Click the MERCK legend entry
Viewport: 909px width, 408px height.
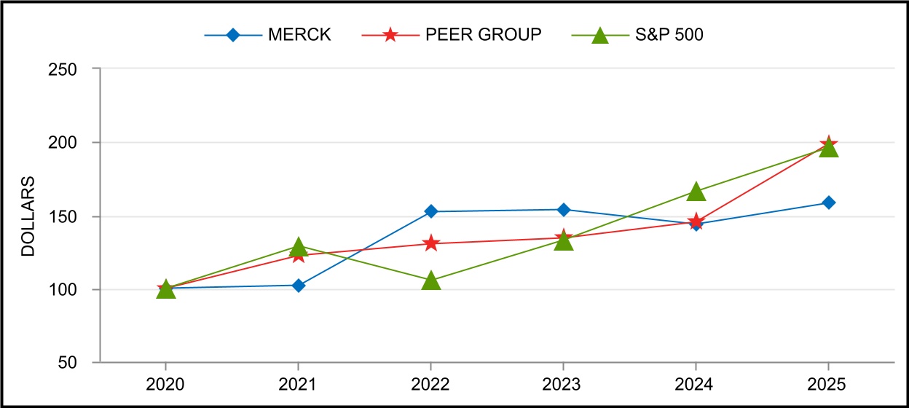pyautogui.click(x=268, y=35)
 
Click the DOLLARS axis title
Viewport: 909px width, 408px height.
pyautogui.click(x=28, y=216)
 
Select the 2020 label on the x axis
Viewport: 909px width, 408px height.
pyautogui.click(x=165, y=383)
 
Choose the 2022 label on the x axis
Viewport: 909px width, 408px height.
pyautogui.click(x=430, y=383)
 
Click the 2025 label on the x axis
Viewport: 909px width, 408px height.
pyautogui.click(x=828, y=383)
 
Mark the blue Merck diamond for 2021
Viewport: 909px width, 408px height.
pyautogui.click(x=298, y=286)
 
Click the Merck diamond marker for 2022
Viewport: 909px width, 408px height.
pyautogui.click(x=431, y=211)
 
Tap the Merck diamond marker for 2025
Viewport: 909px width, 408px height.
pyautogui.click(x=828, y=203)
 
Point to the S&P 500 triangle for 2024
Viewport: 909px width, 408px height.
pyautogui.click(x=696, y=192)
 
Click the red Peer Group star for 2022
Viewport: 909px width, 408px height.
pyautogui.click(x=431, y=243)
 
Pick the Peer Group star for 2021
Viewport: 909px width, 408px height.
pyautogui.click(x=298, y=256)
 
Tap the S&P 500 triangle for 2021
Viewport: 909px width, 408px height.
pyautogui.click(x=298, y=247)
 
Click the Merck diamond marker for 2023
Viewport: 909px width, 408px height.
pyautogui.click(x=563, y=210)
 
